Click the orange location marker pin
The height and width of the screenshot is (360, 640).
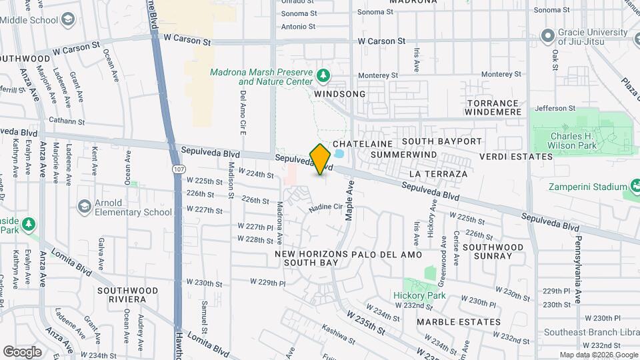click(x=320, y=159)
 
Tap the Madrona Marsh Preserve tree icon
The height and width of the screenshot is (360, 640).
click(x=323, y=75)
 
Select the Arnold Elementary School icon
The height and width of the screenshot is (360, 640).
click(x=84, y=207)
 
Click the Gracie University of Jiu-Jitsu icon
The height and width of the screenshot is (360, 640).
click(x=548, y=35)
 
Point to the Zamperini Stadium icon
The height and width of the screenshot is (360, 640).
click(x=634, y=187)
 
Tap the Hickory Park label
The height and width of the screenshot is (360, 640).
click(x=419, y=295)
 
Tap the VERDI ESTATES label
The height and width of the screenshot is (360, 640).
click(x=516, y=157)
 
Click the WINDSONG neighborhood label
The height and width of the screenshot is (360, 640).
click(x=340, y=94)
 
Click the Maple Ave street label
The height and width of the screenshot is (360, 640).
click(x=348, y=203)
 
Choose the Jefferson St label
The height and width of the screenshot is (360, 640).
click(x=555, y=107)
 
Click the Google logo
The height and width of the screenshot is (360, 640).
click(x=22, y=351)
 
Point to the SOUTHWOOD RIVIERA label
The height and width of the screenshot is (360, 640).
click(x=127, y=295)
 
